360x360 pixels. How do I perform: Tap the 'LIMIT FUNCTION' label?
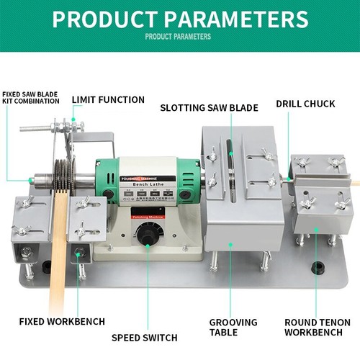click(109, 99)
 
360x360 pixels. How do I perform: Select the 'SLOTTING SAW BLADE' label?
click(209, 107)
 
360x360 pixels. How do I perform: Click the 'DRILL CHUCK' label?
click(305, 104)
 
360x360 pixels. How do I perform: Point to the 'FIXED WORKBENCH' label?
click(63, 320)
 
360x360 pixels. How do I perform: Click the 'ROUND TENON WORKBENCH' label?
click(318, 327)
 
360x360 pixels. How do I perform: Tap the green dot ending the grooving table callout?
click(230, 245)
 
